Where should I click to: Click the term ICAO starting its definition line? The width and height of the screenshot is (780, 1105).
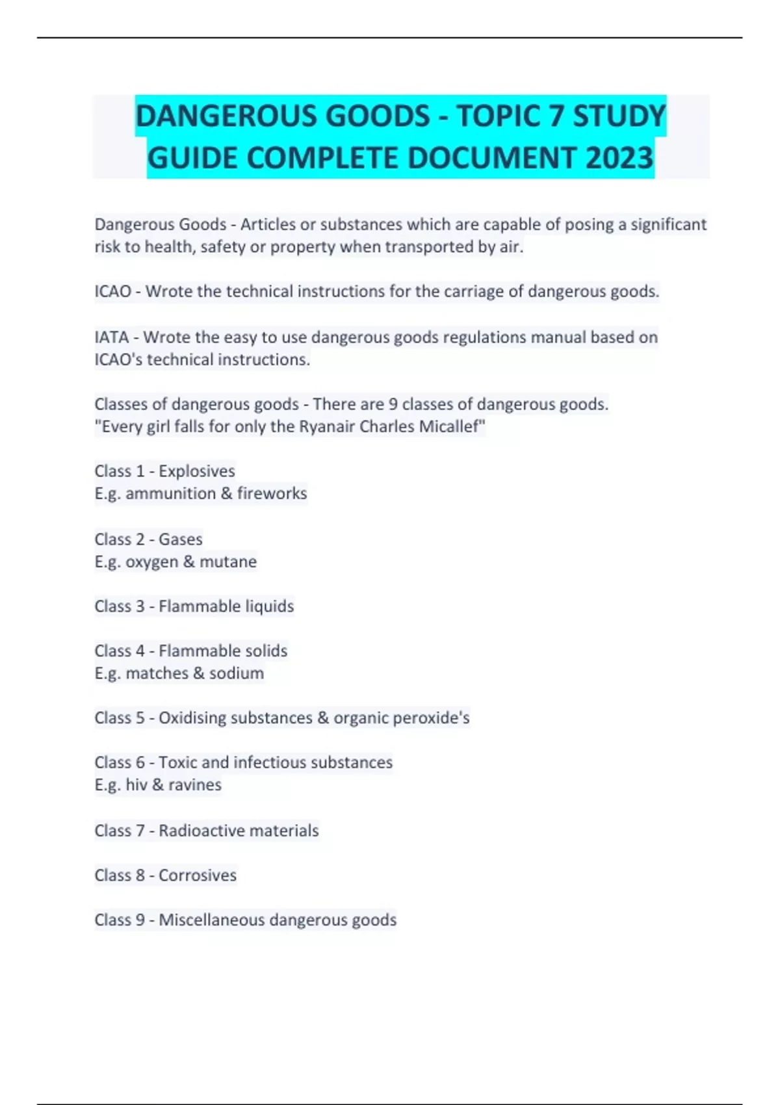pos(112,292)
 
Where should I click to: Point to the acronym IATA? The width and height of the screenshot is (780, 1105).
pos(111,337)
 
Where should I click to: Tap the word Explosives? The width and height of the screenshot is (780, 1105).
pos(197,471)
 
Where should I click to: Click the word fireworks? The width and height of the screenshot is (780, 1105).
pos(272,493)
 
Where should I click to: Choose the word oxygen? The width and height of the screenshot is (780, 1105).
pos(151,562)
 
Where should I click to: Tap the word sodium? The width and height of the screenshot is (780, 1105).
pos(237,673)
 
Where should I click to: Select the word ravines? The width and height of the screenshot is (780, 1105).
pos(195,785)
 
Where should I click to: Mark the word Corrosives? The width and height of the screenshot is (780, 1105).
pos(198,876)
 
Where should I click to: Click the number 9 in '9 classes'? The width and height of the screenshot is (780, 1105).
pos(393,404)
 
